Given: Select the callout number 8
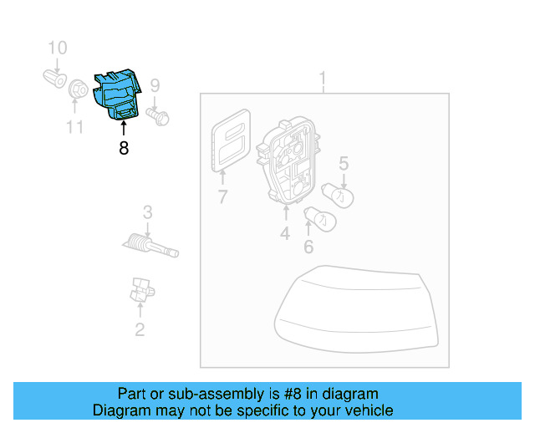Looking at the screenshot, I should pos(124,149).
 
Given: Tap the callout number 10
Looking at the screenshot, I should pos(56,48).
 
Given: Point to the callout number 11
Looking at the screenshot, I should pos(75,127).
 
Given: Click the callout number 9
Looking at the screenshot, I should pos(154,84).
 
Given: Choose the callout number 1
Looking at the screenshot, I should pos(323,80).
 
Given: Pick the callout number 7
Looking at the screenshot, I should pos(222,197).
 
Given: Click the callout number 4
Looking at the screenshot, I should pos(285,234).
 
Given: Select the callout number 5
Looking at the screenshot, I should pos(343,163).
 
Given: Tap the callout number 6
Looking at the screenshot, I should pos(308,247).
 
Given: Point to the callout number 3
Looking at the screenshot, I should pos(147,211).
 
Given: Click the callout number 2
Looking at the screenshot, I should pos(140,329).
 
